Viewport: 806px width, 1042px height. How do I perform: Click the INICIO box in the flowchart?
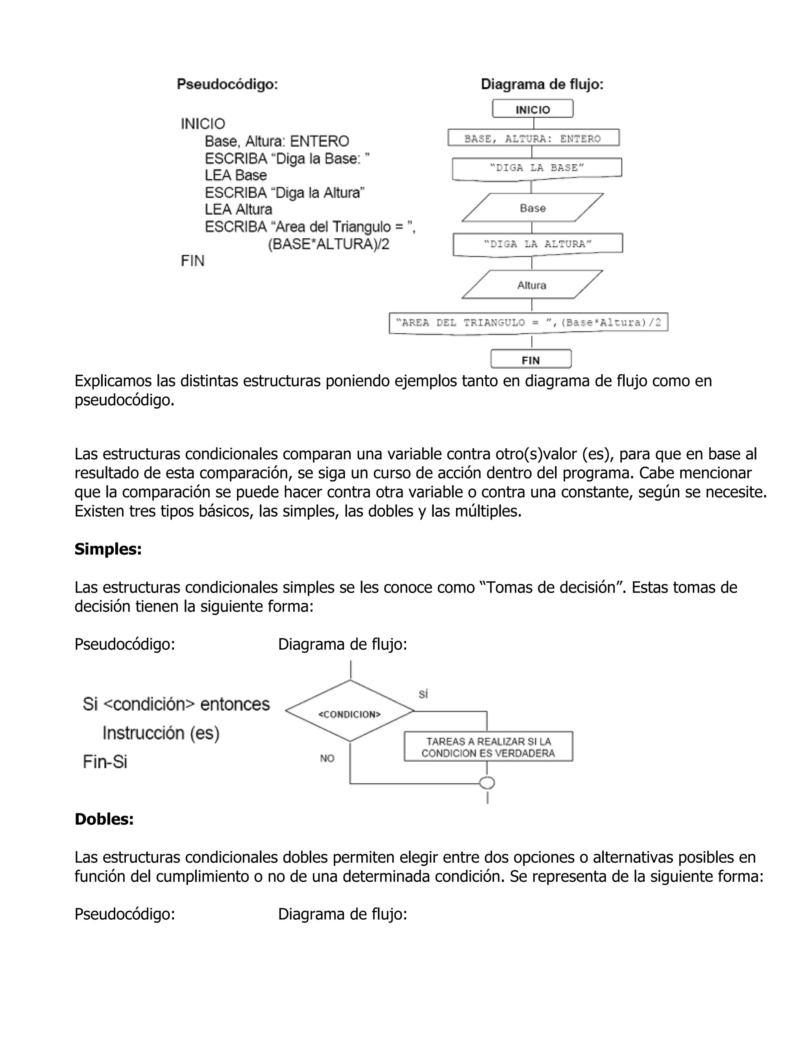pyautogui.click(x=532, y=109)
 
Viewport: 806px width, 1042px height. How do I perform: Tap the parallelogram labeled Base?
pyautogui.click(x=532, y=208)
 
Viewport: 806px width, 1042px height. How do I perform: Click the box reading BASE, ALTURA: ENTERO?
pyautogui.click(x=533, y=138)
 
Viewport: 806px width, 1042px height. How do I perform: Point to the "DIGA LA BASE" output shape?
pyautogui.click(x=537, y=168)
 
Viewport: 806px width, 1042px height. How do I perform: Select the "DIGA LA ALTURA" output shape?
pyautogui.click(x=538, y=244)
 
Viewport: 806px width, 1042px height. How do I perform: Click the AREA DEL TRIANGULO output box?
pyautogui.click(x=528, y=323)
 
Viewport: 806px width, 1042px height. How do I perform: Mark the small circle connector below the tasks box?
pyautogui.click(x=487, y=783)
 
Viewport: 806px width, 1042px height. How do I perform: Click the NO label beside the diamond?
pyautogui.click(x=327, y=758)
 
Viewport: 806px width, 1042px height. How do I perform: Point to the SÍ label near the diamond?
pyautogui.click(x=423, y=694)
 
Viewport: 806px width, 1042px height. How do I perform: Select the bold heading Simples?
pyautogui.click(x=108, y=549)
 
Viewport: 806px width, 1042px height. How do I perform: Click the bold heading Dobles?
pyautogui.click(x=104, y=819)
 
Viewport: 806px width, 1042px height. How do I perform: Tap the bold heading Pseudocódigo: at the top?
pyautogui.click(x=227, y=85)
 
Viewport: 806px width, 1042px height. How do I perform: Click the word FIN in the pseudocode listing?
pyautogui.click(x=192, y=261)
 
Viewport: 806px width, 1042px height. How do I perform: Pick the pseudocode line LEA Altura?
pyautogui.click(x=238, y=210)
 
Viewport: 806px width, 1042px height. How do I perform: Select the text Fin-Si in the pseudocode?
pyautogui.click(x=105, y=762)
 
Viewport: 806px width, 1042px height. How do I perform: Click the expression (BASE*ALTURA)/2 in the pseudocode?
pyautogui.click(x=329, y=244)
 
